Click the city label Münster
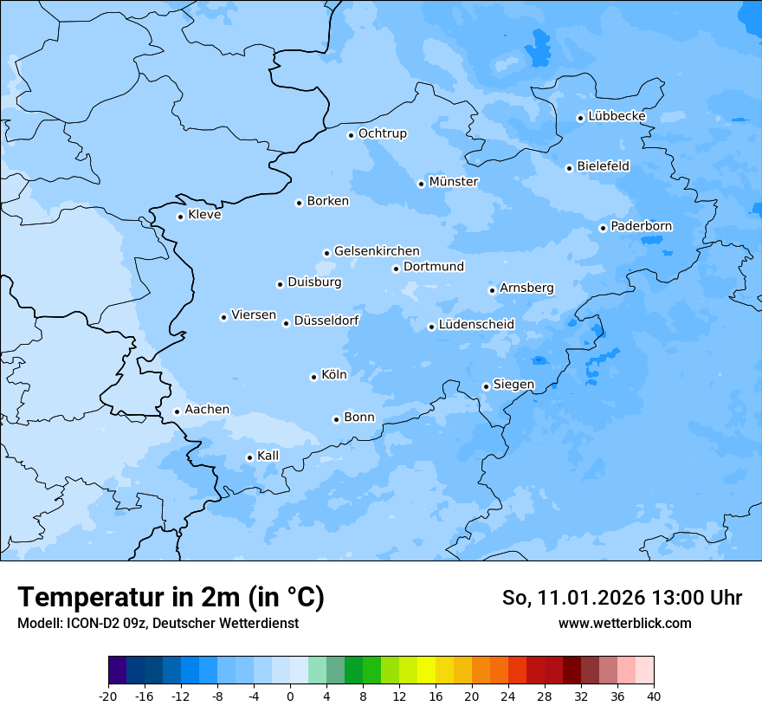coord(453,182)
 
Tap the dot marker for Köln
coord(313,377)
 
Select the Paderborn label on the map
coord(641,226)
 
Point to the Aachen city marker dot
coord(177,412)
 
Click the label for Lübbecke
coord(617,116)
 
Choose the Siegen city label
coord(513,385)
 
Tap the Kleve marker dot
coord(180,217)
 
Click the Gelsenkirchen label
coord(377,251)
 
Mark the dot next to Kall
coord(249,457)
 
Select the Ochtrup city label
coord(382,133)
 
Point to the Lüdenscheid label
coord(476,325)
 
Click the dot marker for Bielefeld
coord(569,168)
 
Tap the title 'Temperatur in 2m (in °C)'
coord(171,598)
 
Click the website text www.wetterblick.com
coord(624,623)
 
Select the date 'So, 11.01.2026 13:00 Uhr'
coord(622,598)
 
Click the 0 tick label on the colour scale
coord(290,696)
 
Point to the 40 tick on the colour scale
coord(654,696)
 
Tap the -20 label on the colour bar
coord(107,696)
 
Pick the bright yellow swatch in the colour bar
coord(426,670)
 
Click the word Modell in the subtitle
coord(36,623)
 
